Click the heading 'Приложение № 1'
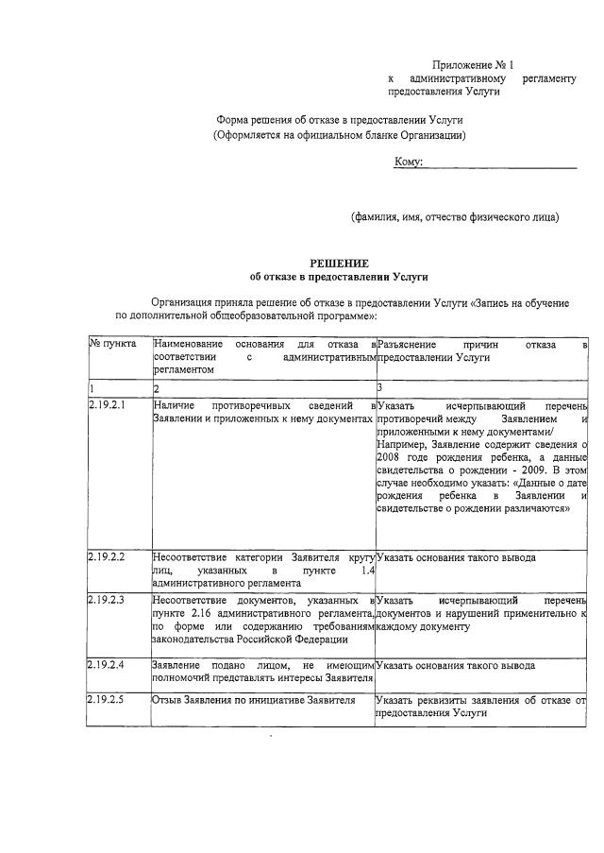468,63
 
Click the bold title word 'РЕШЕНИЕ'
339,263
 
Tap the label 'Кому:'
408,162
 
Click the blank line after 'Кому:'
500,165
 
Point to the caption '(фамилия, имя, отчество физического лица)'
455,216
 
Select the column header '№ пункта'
112,345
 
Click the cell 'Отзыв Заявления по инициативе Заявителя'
253,701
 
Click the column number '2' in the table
158,389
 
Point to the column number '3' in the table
378,389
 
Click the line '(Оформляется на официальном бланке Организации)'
339,136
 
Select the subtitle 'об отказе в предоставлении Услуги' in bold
339,278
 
